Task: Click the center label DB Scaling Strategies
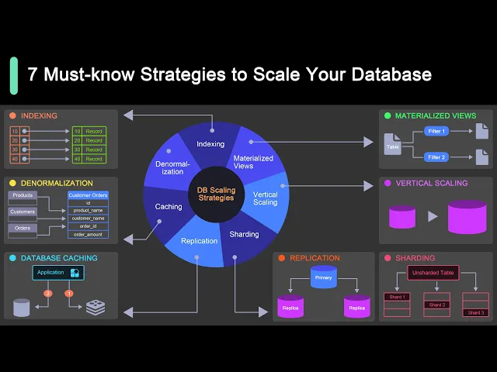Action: pos(216,193)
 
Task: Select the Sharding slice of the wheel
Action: pos(244,234)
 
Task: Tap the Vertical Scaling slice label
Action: pos(265,198)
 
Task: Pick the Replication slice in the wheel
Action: pos(199,241)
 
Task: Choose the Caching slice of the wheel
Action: pos(169,207)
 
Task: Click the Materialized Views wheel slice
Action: pos(253,161)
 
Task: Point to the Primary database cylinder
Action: pos(323,277)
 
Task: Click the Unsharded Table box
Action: pos(433,273)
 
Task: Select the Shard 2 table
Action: pos(437,305)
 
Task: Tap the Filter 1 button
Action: pos(436,132)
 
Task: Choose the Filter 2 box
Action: pos(436,157)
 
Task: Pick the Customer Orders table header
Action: pos(88,195)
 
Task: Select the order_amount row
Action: pos(88,234)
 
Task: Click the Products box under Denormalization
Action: pos(23,195)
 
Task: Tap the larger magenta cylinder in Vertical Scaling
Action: pos(467,217)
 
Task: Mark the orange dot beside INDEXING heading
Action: pos(13,116)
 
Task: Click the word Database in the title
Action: pos(384,75)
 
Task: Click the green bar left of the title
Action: pos(13,75)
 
